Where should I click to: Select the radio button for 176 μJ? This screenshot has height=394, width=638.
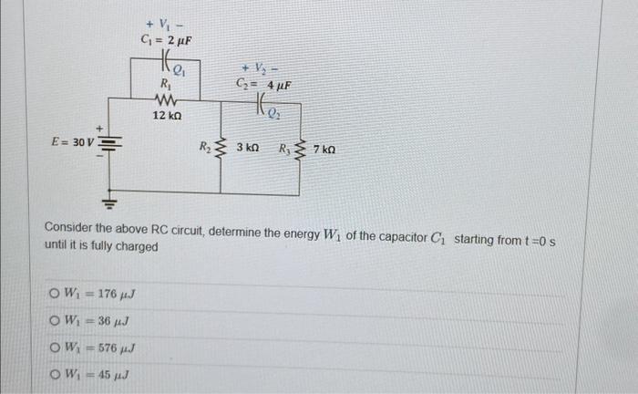click(57, 293)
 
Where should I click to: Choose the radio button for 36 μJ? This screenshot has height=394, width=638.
click(57, 320)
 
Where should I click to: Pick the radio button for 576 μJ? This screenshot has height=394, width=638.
click(57, 347)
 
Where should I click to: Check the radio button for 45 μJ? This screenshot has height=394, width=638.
click(57, 374)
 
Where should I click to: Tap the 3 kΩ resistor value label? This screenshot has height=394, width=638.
click(248, 146)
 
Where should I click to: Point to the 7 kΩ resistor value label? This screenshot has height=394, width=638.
click(324, 147)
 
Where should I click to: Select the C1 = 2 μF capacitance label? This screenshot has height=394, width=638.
click(165, 41)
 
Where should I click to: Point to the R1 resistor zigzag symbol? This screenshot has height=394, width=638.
click(167, 99)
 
